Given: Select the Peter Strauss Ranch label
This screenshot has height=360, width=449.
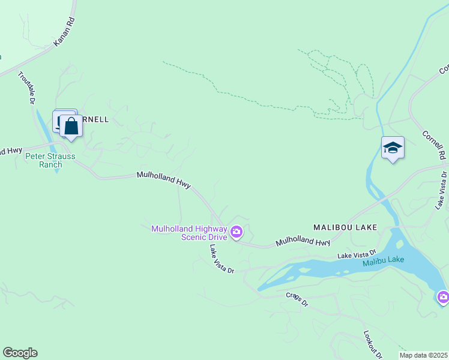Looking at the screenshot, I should (x=50, y=160).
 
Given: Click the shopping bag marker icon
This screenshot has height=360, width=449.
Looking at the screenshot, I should (x=71, y=127).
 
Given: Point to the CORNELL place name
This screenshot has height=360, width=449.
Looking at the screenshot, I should (x=95, y=119).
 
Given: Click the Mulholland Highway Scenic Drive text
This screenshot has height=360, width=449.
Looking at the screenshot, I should (x=189, y=232).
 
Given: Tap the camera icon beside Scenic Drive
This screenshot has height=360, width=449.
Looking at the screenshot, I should (x=237, y=232).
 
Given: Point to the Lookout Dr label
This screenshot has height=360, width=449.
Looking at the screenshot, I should (x=373, y=344).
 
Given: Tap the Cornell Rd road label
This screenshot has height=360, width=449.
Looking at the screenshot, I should (x=434, y=146).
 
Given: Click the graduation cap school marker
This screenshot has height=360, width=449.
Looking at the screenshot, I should (x=393, y=148).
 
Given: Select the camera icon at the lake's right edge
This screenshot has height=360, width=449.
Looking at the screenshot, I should (x=443, y=296).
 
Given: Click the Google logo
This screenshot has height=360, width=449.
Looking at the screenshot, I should (x=20, y=353).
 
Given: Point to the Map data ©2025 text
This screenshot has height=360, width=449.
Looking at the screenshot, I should (x=424, y=355).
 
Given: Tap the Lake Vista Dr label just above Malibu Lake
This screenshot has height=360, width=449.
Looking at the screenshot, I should (x=357, y=254).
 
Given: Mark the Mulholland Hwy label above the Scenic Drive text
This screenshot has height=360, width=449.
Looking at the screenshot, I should (x=163, y=181).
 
